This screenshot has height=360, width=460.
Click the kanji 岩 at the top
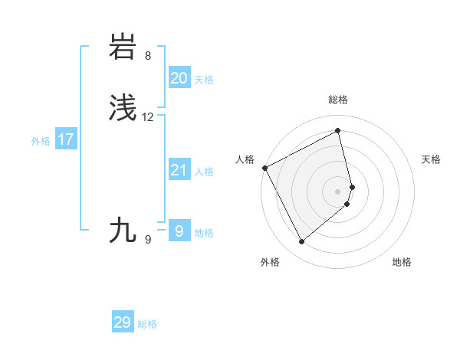pos(123,47)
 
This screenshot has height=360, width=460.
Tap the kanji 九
pos(123,230)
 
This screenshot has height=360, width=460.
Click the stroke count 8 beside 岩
pos(148,56)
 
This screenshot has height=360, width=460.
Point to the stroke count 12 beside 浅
pos(148,117)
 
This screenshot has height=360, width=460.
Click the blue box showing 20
pos(179,78)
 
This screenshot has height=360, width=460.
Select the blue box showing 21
pos(179,170)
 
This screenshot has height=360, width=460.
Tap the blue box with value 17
pos(65,139)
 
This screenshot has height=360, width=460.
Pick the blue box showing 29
pos(122,322)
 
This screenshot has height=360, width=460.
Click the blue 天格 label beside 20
pos(204,80)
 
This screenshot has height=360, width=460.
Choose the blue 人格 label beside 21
pos(204,172)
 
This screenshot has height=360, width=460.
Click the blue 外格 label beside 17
pos(41,141)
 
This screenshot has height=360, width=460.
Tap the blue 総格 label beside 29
pos(147,324)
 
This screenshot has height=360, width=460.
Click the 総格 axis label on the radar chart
pos(338,100)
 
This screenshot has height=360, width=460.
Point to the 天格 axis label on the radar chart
pos(431,159)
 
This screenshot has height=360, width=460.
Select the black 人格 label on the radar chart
pos(245,159)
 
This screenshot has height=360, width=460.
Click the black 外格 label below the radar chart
pos(270,262)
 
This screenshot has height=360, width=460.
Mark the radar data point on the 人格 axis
pos(264,168)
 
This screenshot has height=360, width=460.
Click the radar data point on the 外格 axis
pos(301,242)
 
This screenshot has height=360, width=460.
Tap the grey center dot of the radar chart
pos(338,191)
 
